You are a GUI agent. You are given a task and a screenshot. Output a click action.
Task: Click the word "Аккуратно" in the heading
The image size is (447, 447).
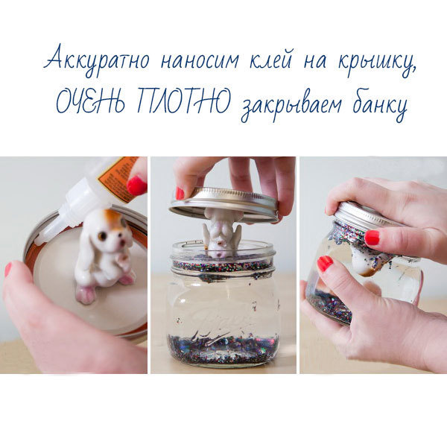pos(96,60)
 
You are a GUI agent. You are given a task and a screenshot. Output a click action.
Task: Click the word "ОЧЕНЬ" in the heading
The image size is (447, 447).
pos(90,101)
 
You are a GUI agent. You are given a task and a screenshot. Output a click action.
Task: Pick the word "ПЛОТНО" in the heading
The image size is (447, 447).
pos(183,100)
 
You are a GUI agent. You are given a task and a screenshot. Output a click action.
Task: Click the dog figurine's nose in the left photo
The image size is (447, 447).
pos(122,241)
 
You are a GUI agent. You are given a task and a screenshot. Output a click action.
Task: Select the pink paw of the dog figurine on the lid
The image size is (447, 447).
pos(86,294)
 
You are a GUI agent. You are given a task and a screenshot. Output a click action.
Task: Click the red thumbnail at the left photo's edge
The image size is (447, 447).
pos(8,270)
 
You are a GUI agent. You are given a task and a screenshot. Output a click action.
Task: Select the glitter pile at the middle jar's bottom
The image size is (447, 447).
pos(223,349)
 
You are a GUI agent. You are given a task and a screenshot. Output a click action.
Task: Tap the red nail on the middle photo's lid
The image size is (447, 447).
pos(180,193)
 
